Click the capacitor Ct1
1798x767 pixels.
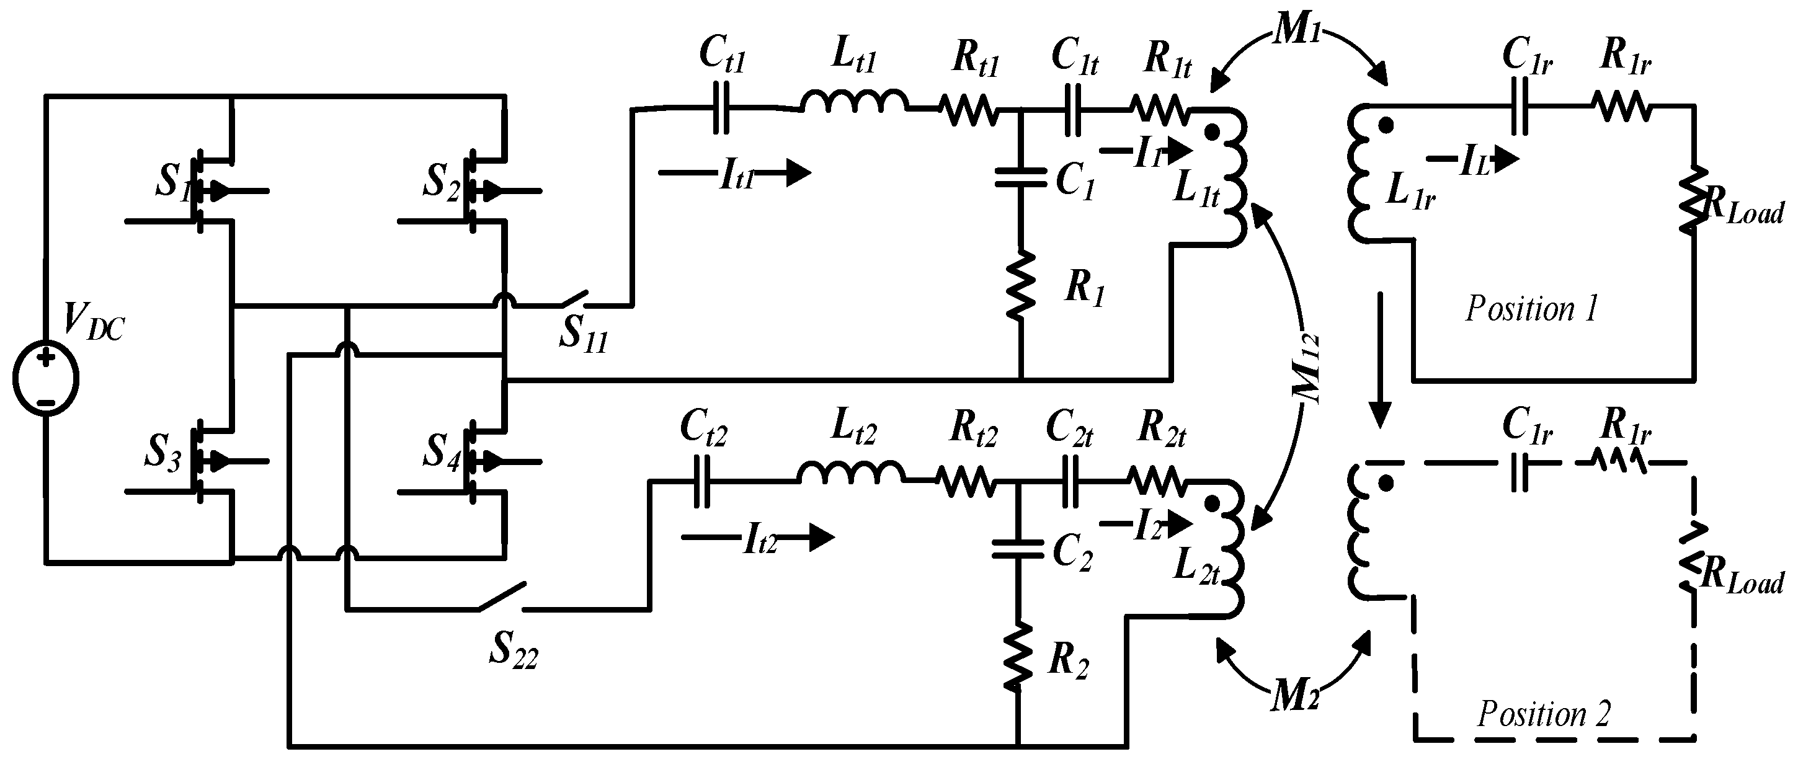(x=722, y=108)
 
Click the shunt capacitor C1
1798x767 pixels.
(x=1020, y=177)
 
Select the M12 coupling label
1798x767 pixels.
(x=1304, y=368)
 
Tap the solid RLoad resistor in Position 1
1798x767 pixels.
(x=1693, y=199)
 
